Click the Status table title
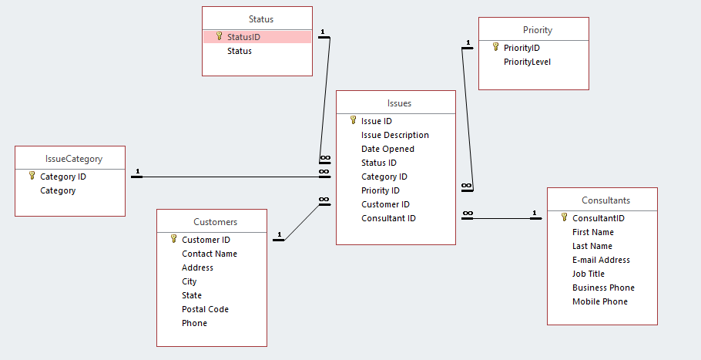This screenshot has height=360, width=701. pyautogui.click(x=260, y=19)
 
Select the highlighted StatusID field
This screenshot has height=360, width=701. pyautogui.click(x=244, y=37)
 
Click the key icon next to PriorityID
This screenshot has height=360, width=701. pyautogui.click(x=495, y=47)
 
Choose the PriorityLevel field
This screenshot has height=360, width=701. pyautogui.click(x=527, y=62)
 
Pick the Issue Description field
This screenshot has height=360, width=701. pyautogui.click(x=394, y=135)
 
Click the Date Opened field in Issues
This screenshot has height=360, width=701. pyautogui.click(x=387, y=149)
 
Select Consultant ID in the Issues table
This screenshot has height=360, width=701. pyautogui.click(x=388, y=218)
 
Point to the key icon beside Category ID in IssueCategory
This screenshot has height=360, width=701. pyautogui.click(x=32, y=176)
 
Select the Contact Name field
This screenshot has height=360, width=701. pyautogui.click(x=209, y=254)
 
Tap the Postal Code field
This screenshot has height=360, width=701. pyautogui.click(x=205, y=309)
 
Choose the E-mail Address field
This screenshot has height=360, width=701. pyautogui.click(x=601, y=260)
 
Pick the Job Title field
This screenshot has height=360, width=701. pyautogui.click(x=588, y=274)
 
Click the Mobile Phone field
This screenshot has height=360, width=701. pyautogui.click(x=599, y=301)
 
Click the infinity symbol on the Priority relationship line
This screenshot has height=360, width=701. pyautogui.click(x=467, y=186)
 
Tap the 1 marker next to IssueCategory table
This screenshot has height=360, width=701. pyautogui.click(x=137, y=171)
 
